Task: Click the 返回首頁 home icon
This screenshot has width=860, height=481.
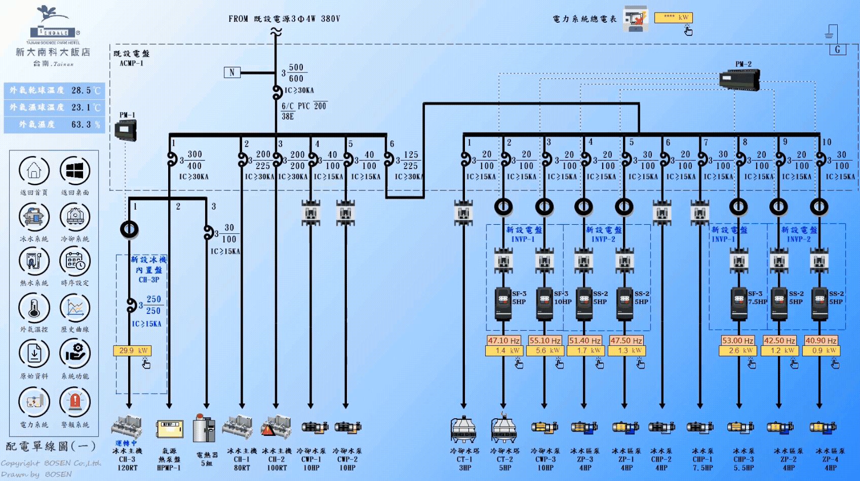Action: click(x=34, y=171)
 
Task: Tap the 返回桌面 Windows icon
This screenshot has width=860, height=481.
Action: click(x=75, y=171)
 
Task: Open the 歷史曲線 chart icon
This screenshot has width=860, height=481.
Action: click(x=75, y=308)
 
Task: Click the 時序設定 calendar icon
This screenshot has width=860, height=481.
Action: click(x=75, y=262)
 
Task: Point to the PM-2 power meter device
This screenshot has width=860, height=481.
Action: click(x=739, y=80)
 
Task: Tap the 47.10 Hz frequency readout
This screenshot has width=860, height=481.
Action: click(x=503, y=341)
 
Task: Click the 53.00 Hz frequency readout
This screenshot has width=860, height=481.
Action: click(x=738, y=341)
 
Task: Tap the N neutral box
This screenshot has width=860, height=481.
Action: click(x=232, y=72)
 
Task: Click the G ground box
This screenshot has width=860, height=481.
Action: click(x=837, y=50)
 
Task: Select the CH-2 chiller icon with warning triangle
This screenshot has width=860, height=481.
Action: click(x=277, y=427)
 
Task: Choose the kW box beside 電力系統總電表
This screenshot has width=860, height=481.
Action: click(x=673, y=18)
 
